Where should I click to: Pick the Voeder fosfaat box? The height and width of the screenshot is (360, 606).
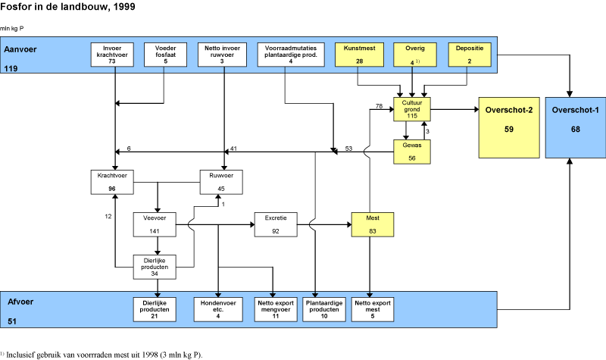pos(165,55)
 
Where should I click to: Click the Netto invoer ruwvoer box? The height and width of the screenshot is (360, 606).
pos(223,55)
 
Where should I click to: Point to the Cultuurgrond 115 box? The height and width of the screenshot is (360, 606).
pos(411,108)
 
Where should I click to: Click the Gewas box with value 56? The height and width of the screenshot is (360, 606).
pos(411,151)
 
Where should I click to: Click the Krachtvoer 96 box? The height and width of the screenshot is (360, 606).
pos(112,182)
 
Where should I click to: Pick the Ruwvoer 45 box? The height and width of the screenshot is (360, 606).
pos(220,182)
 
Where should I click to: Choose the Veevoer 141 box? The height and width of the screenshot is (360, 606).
pos(156,224)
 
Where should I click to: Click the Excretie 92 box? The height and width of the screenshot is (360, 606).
pos(275,224)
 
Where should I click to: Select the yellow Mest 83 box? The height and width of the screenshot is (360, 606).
pos(370,224)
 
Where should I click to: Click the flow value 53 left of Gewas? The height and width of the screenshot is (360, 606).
pos(349,149)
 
